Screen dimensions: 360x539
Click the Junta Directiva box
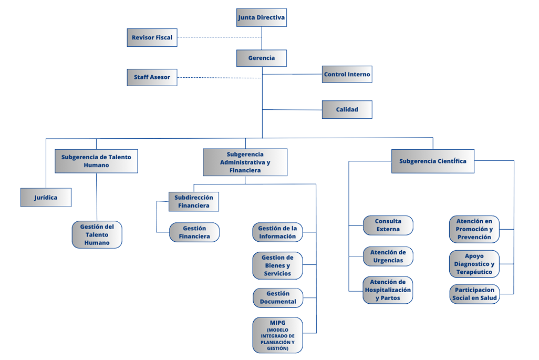point(261,17)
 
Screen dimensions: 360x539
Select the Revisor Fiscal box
point(152,38)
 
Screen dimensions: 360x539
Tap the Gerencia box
point(261,58)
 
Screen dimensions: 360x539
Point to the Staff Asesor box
point(152,77)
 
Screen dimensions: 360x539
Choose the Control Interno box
point(347,75)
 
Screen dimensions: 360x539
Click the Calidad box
point(347,110)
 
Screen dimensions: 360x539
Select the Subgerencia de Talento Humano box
point(96,161)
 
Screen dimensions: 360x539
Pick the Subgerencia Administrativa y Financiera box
point(245,162)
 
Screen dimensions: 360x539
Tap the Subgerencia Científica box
point(432,161)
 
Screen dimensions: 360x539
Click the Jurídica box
point(46,198)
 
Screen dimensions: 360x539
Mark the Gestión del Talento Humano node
point(97,235)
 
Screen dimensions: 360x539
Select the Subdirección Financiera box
point(193,202)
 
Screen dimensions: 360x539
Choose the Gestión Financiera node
point(194,232)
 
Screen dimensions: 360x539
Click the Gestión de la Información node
point(277,232)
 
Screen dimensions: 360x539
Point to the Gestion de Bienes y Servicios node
point(277,265)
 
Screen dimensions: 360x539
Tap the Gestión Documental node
point(277,297)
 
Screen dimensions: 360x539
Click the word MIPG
point(277,323)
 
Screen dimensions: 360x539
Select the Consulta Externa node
point(388,225)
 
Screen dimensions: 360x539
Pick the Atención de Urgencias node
point(388,256)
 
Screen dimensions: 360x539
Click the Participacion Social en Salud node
point(474,294)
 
